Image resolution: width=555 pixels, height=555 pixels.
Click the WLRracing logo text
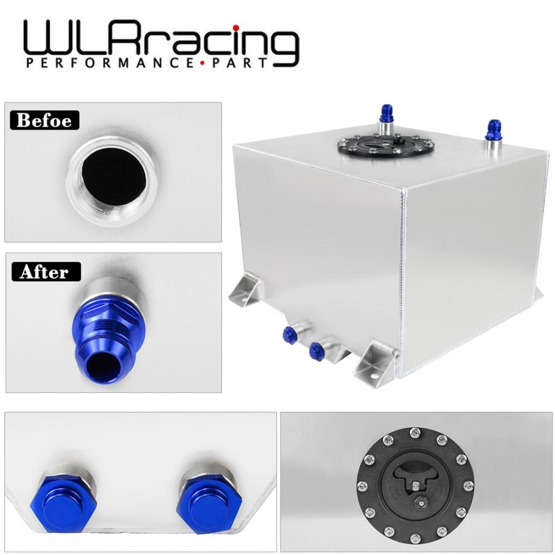coord(160,40)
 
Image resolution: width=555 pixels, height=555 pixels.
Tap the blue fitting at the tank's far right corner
coord(493,129)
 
